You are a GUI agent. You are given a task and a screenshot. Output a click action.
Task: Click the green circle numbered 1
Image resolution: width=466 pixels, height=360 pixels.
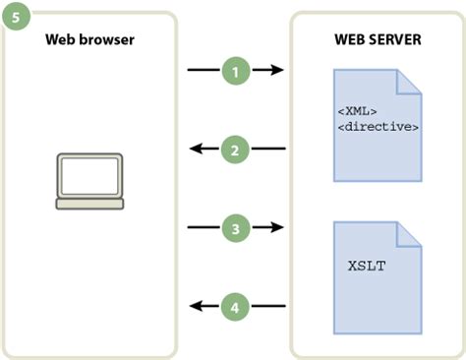235,70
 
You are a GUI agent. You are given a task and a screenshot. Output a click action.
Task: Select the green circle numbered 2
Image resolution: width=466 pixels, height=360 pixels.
235,150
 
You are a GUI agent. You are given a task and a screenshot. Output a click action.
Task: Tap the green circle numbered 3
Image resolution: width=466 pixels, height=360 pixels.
235,228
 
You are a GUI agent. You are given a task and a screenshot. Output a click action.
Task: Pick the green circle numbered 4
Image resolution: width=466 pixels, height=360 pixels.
235,307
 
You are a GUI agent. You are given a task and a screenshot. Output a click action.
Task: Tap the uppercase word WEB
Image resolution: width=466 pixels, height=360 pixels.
349,39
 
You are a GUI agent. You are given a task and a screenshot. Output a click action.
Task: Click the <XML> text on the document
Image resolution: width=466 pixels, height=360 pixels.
360,110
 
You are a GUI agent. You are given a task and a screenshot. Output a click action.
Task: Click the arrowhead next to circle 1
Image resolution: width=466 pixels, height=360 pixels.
278,70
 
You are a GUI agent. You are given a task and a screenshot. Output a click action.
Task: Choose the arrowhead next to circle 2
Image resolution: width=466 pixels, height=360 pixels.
194,150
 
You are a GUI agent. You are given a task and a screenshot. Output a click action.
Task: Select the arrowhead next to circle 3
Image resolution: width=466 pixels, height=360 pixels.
278,228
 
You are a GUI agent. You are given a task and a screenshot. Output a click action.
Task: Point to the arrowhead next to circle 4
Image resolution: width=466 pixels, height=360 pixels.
194,307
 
